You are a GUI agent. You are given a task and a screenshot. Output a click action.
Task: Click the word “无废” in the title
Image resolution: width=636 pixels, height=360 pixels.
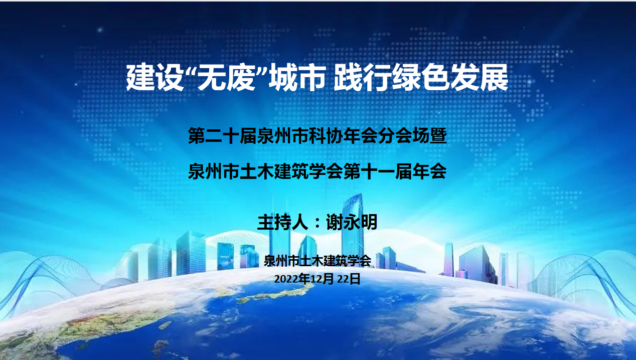click(x=226, y=77)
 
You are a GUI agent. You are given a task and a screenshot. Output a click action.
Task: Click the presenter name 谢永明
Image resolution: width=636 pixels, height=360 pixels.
click(x=352, y=222)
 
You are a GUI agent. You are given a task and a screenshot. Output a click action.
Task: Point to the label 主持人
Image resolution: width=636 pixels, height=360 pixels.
click(x=283, y=222)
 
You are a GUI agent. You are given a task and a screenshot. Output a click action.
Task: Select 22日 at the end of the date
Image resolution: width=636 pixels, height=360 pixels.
click(x=349, y=279)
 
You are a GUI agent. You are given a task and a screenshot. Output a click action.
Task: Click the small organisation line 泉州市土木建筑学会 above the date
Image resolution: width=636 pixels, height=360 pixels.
click(x=317, y=261)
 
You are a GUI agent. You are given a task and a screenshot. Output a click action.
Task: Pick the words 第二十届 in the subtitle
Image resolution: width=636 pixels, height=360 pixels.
click(x=222, y=136)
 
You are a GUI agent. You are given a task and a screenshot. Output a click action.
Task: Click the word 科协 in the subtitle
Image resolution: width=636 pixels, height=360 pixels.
click(x=327, y=136)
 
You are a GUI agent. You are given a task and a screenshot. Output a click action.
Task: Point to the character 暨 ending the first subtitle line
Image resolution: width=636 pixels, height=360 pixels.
click(x=438, y=136)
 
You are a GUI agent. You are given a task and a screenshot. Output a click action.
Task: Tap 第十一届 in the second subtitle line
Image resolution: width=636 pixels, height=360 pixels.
click(x=378, y=171)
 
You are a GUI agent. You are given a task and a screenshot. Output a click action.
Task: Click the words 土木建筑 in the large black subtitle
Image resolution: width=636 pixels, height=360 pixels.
click(x=274, y=171)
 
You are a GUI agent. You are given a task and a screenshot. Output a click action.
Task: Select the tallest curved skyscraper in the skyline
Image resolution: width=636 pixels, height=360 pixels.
click(x=353, y=227)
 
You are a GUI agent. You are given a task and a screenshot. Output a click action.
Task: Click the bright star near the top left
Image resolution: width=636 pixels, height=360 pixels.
click(x=100, y=30)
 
